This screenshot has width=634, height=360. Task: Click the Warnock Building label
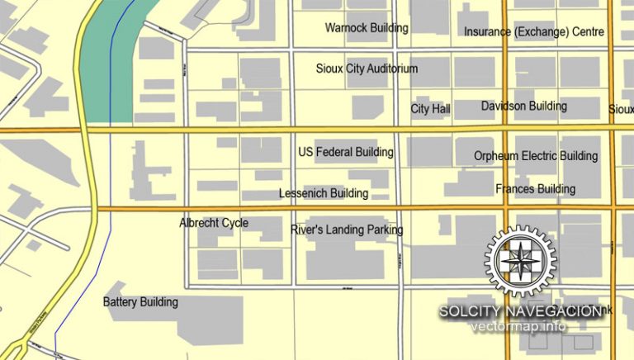click(367, 28)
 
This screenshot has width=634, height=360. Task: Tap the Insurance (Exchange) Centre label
click(533, 32)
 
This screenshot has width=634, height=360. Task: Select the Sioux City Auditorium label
click(367, 69)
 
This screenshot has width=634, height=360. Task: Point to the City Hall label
click(430, 109)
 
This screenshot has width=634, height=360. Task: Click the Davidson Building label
click(523, 107)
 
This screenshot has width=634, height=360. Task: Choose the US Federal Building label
click(345, 153)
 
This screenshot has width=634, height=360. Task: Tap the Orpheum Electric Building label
click(535, 156)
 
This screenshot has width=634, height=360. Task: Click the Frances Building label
click(535, 189)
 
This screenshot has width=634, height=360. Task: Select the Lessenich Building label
click(323, 194)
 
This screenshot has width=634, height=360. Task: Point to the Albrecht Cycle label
click(214, 223)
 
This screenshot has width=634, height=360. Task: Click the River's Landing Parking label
click(347, 230)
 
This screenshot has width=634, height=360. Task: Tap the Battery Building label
click(140, 302)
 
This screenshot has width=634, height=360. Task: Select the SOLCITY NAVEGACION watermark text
click(520, 310)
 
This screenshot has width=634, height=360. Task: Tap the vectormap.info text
click(518, 326)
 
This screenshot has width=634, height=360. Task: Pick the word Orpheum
click(495, 156)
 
